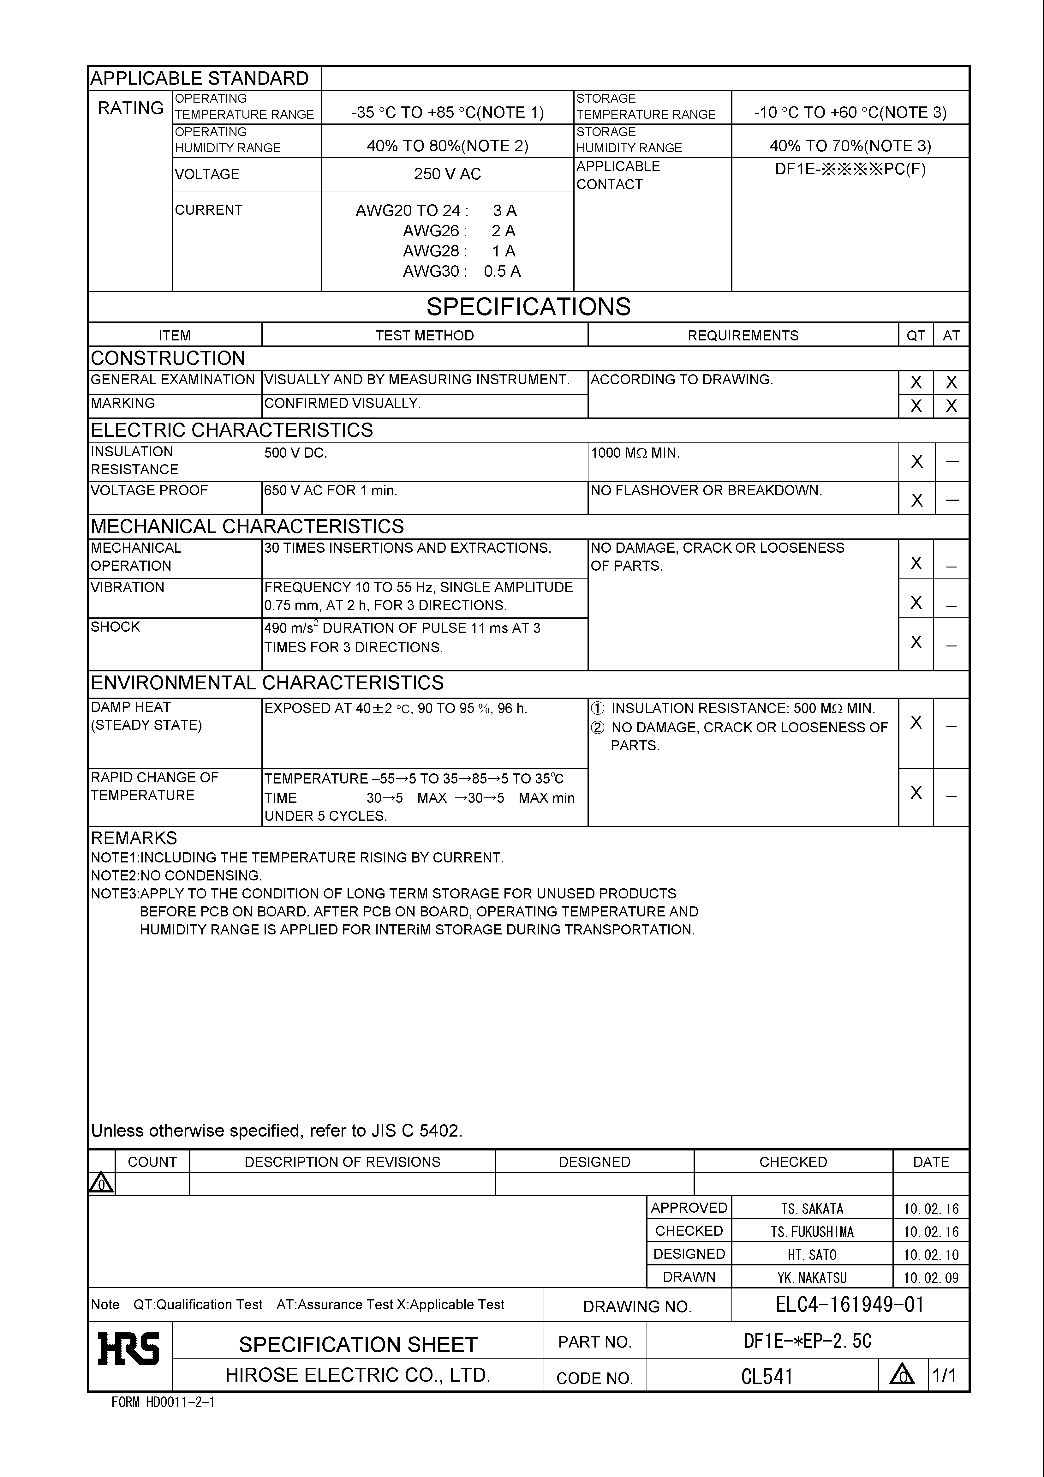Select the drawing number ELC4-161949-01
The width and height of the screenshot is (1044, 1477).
(x=849, y=1304)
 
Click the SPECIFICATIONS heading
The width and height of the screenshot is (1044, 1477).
(x=528, y=307)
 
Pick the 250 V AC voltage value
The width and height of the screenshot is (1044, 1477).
(x=447, y=174)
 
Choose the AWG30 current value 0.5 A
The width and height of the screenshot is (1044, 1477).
(x=502, y=272)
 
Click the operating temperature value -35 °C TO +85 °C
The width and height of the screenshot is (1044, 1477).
(x=447, y=113)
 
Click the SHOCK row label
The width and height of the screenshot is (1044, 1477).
(x=115, y=627)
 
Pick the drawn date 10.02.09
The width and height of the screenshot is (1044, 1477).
(x=930, y=1278)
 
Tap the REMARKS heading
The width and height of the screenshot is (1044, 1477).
(x=134, y=838)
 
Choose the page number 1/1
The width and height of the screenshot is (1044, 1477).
(x=944, y=1376)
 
